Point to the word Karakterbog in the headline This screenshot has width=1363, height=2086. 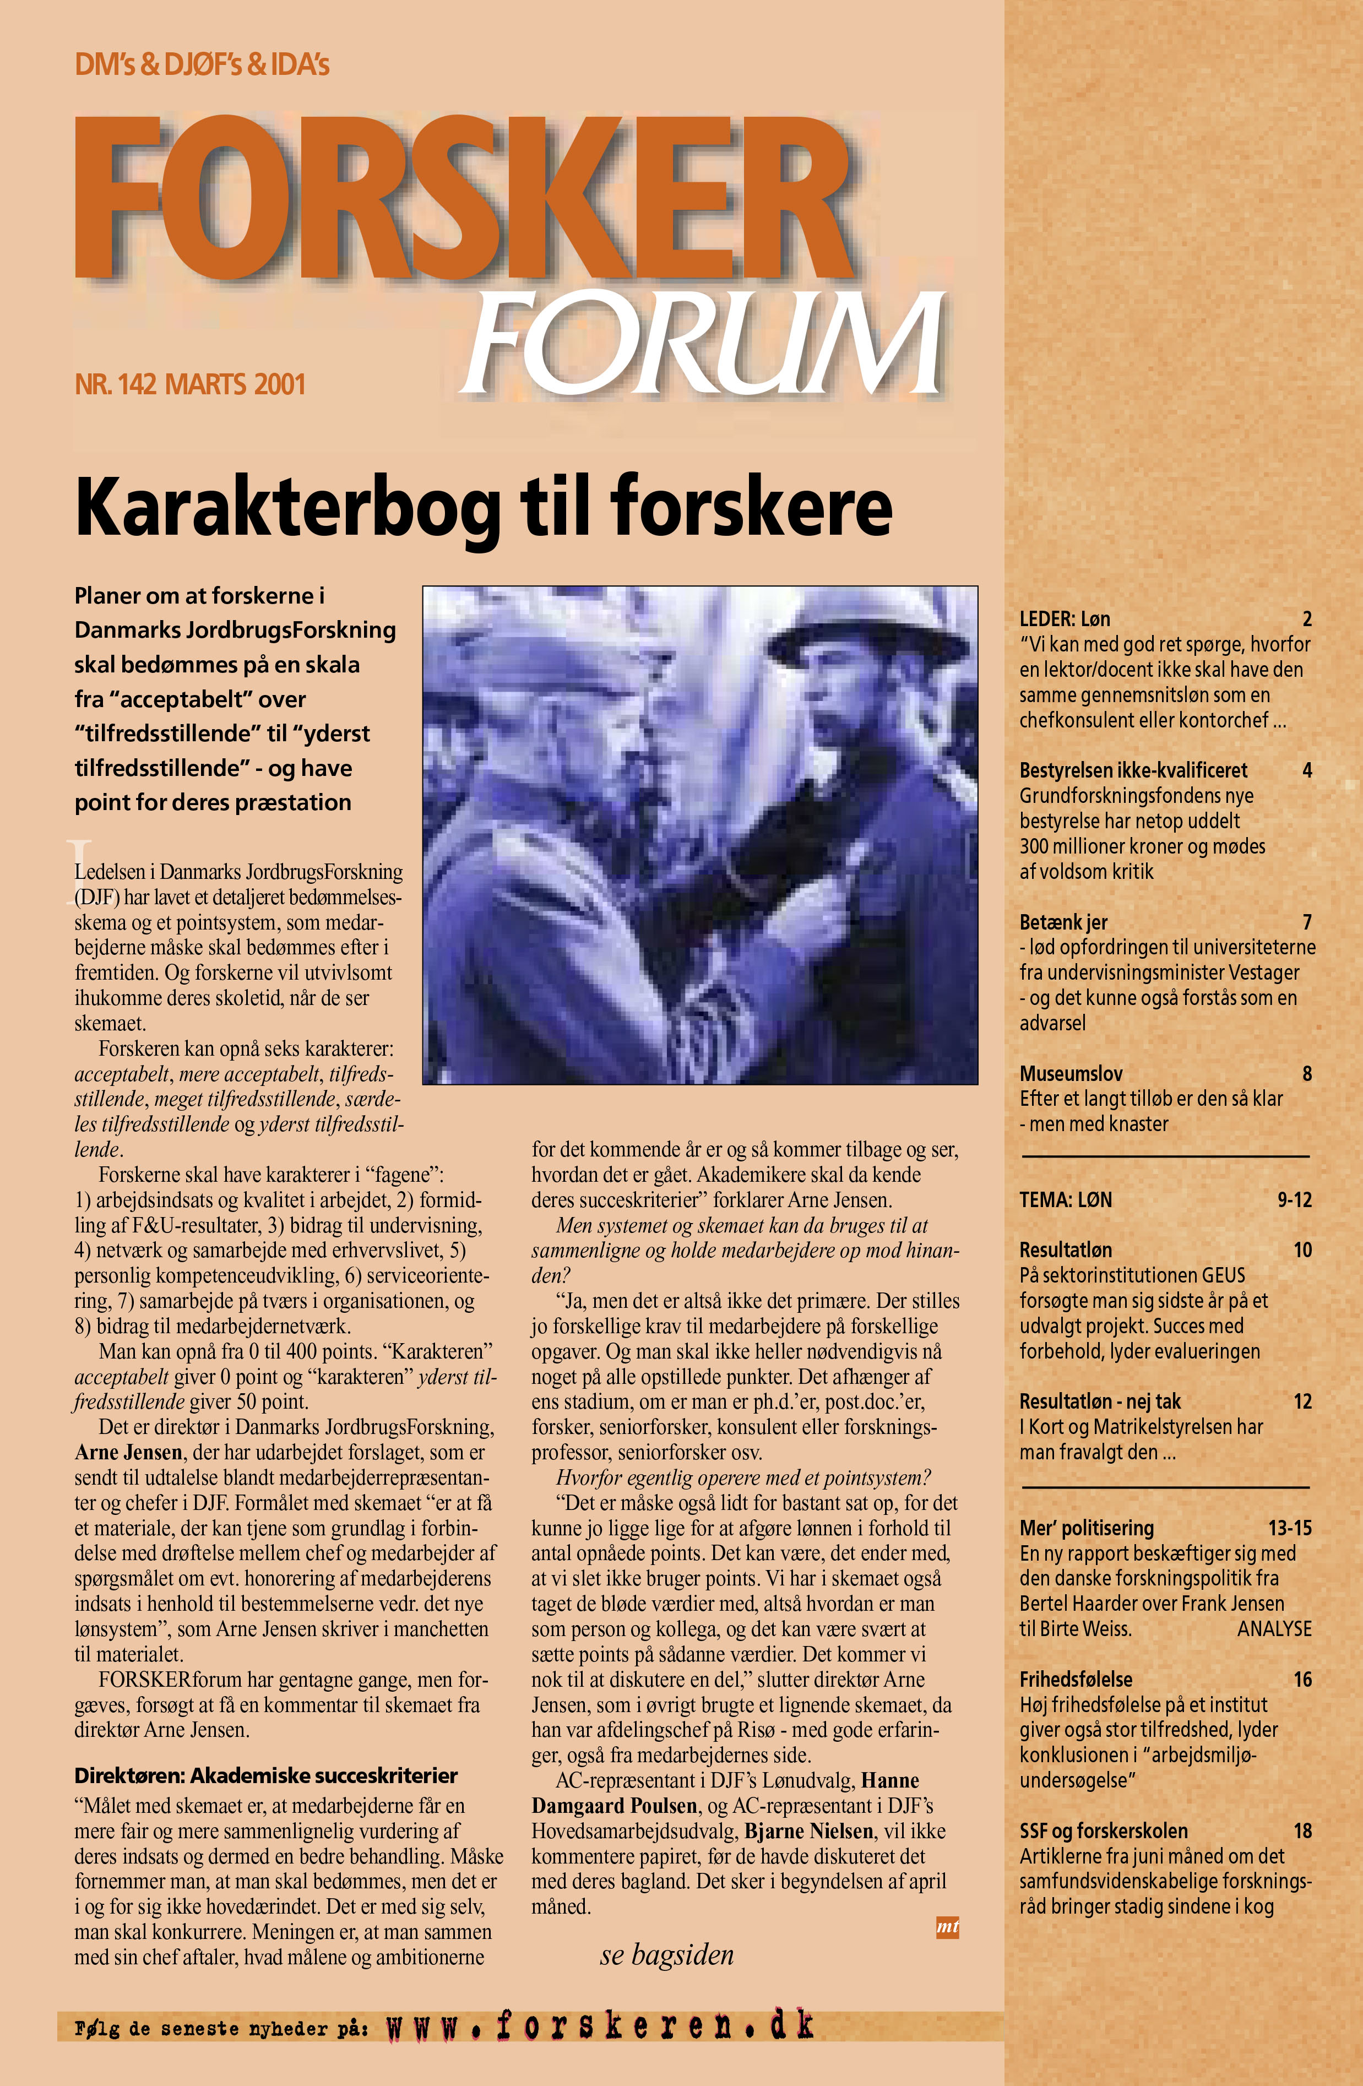pos(289,508)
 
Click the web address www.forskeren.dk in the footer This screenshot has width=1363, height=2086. pos(600,2025)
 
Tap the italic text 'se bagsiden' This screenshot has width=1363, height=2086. pos(667,1954)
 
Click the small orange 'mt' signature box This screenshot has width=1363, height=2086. pos(948,1926)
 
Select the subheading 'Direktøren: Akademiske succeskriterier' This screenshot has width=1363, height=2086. pos(265,1776)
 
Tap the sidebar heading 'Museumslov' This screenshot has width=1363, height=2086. pos(1070,1074)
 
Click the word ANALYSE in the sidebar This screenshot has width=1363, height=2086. pos(1274,1628)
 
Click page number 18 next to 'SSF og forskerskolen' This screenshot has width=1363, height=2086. pos(1302,1831)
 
